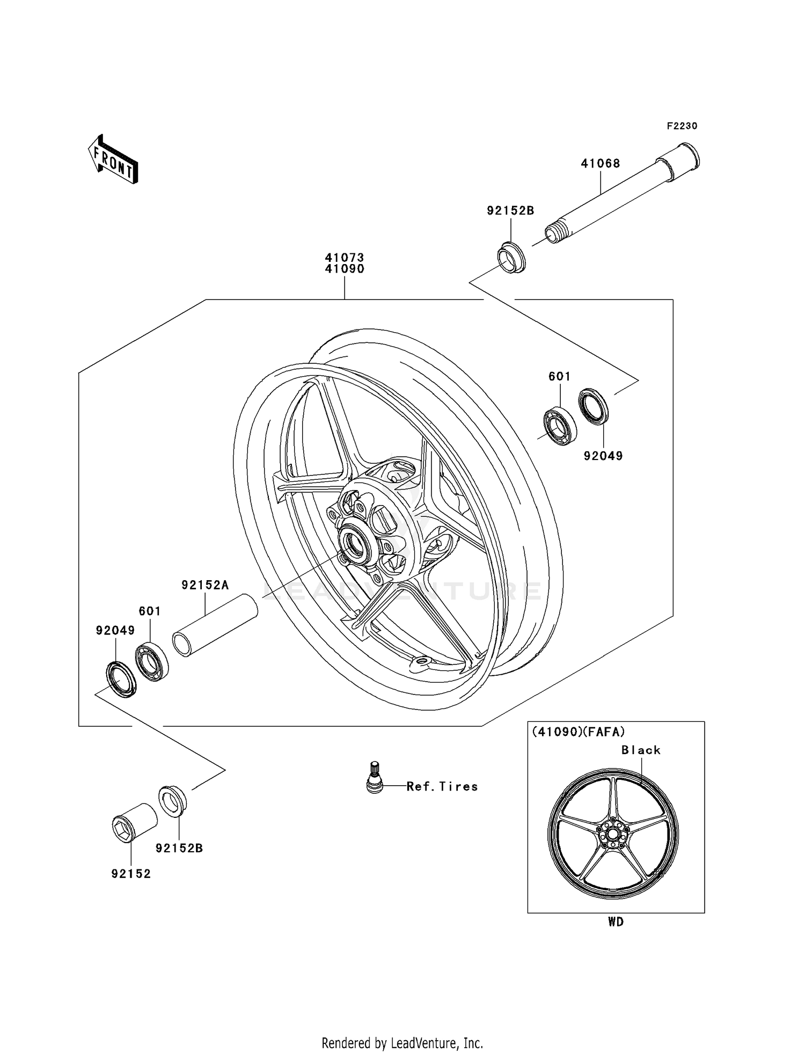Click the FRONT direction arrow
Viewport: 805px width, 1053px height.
tap(113, 160)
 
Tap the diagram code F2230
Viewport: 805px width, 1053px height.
tap(682, 126)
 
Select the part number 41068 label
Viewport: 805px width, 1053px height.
tap(600, 164)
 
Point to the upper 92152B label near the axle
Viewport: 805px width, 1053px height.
tap(510, 211)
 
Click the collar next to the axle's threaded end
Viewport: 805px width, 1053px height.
tap(512, 258)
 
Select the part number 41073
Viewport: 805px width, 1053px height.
tap(344, 258)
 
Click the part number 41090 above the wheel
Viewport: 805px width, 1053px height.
tap(344, 269)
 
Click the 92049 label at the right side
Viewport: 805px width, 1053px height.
tap(603, 456)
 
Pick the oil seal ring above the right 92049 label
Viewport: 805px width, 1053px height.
tap(594, 405)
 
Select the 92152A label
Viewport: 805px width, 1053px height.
tap(205, 585)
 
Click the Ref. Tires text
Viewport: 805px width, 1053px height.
tap(442, 787)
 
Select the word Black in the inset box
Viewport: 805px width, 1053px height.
tap(641, 750)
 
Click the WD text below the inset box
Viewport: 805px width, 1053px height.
tap(616, 922)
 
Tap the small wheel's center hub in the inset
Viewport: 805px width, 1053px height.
tap(612, 835)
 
